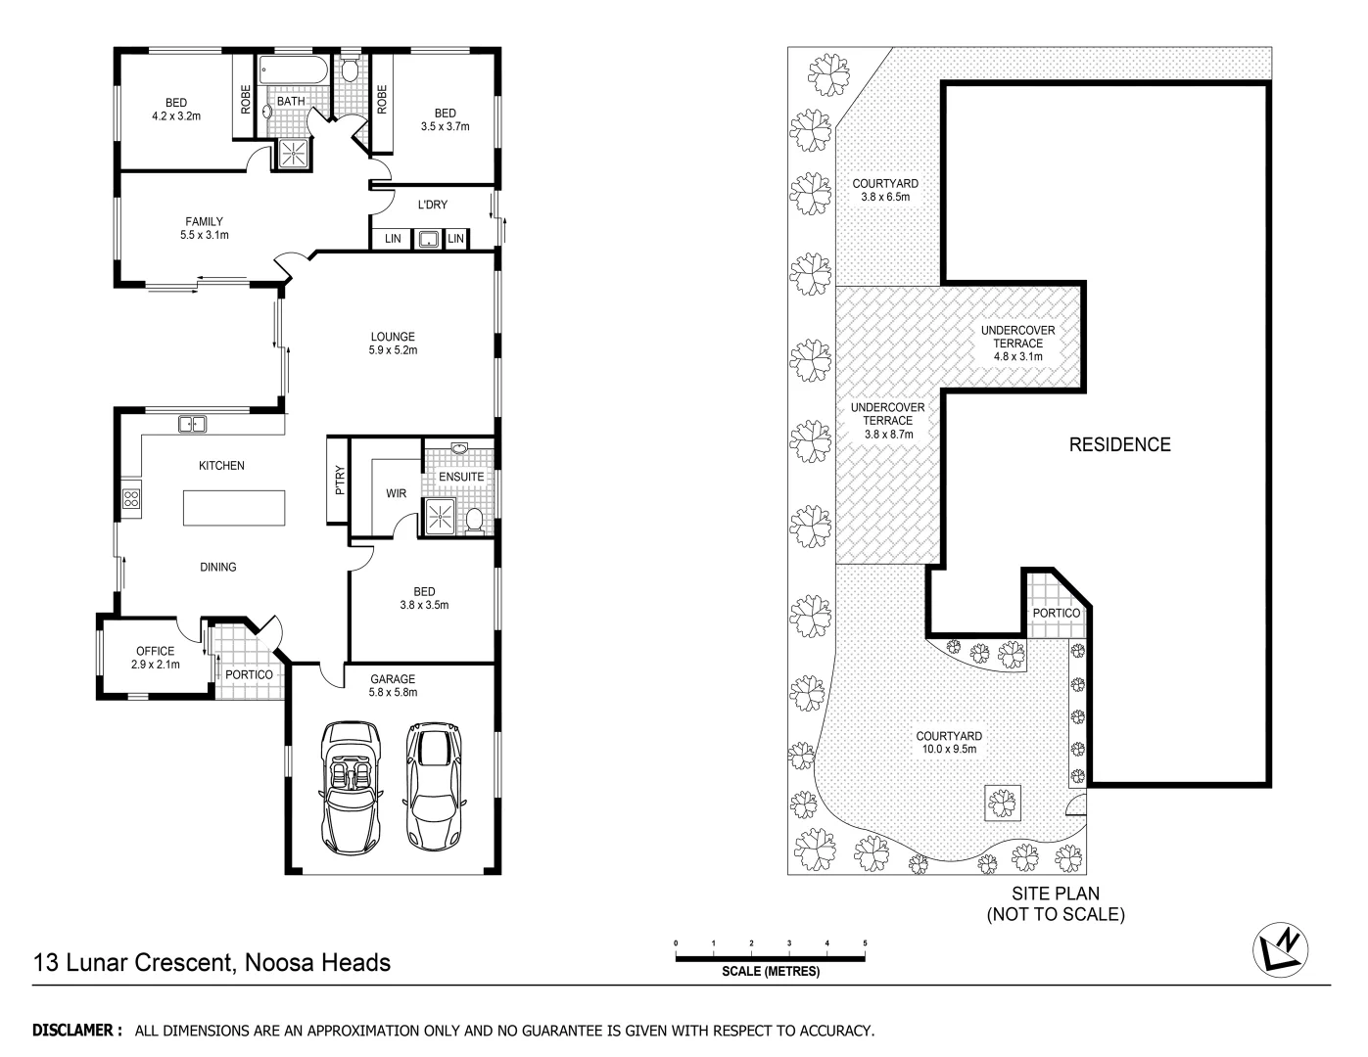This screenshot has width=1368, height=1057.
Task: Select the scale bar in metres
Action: [x=771, y=957]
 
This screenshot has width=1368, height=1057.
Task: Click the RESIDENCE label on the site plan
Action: [x=1119, y=445]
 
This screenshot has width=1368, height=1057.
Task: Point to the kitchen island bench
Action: [x=236, y=509]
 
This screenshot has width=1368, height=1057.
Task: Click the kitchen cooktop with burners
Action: [x=130, y=499]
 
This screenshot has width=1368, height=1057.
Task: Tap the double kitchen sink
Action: [x=192, y=424]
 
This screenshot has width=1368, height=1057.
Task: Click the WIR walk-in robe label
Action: [x=396, y=494]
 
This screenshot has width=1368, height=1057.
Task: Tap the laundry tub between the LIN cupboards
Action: [x=427, y=239]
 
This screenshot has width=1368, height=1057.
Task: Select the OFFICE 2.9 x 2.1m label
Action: [x=155, y=658]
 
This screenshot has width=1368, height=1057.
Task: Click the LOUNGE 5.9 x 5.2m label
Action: [x=392, y=344]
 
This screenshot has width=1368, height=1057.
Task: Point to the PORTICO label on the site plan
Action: [x=1056, y=613]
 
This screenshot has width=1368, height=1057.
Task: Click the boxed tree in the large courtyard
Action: [x=1001, y=804]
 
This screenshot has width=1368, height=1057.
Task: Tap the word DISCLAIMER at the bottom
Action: [x=76, y=1031]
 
